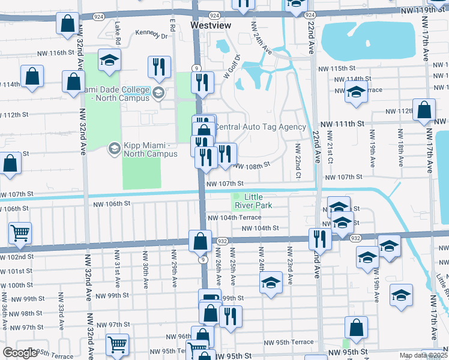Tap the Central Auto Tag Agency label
260,127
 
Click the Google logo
20,353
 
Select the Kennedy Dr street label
151,34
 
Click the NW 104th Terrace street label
234,218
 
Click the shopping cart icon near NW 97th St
117,344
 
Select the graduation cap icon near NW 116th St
110,59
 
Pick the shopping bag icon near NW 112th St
424,110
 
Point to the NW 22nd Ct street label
297,161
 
